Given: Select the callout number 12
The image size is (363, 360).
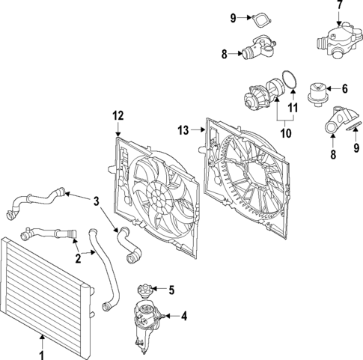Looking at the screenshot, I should point(118,115).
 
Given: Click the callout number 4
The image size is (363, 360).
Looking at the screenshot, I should point(184,317).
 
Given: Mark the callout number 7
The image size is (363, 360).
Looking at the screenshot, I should point(340,5).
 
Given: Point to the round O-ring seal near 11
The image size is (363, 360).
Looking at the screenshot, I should point(288,81).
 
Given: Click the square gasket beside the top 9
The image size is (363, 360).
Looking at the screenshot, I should point(257,20).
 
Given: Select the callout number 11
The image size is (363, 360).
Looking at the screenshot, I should point(293,107).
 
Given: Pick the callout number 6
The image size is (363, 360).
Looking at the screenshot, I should point(344,89).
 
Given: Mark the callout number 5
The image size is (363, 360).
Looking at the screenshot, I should point(171,290).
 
